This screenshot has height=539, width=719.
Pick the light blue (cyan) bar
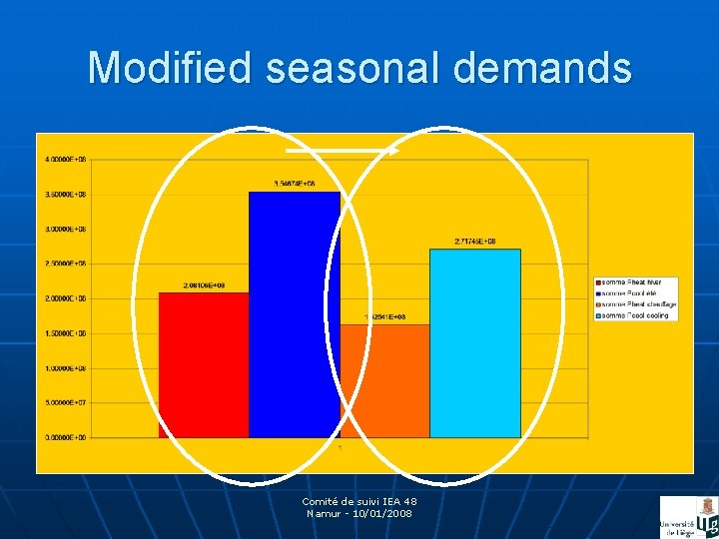point(475,343)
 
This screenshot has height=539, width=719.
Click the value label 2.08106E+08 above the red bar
point(204,285)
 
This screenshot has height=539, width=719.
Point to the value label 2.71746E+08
point(475,242)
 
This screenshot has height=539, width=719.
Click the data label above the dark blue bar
point(295,184)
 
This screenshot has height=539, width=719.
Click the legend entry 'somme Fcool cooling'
point(634,315)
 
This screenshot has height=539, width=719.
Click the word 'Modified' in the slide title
point(171,68)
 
